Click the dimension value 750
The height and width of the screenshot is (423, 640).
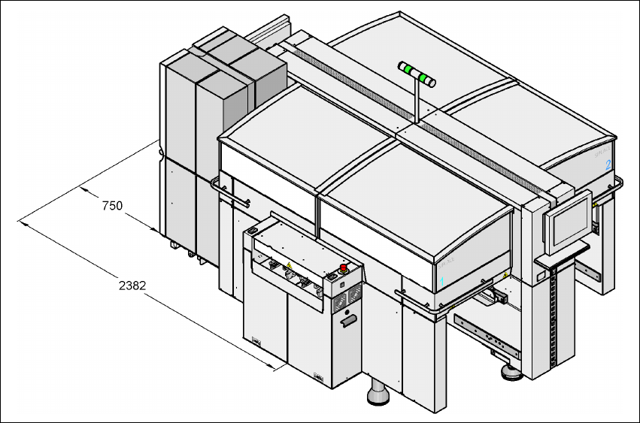click(x=111, y=205)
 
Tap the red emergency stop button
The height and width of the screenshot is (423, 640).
click(x=345, y=267)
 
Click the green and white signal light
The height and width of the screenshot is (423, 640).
click(x=417, y=74)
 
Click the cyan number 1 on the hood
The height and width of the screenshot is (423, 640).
click(x=443, y=279)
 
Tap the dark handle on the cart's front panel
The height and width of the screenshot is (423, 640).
click(x=347, y=322)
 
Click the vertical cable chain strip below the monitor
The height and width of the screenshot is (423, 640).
click(x=557, y=316)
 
